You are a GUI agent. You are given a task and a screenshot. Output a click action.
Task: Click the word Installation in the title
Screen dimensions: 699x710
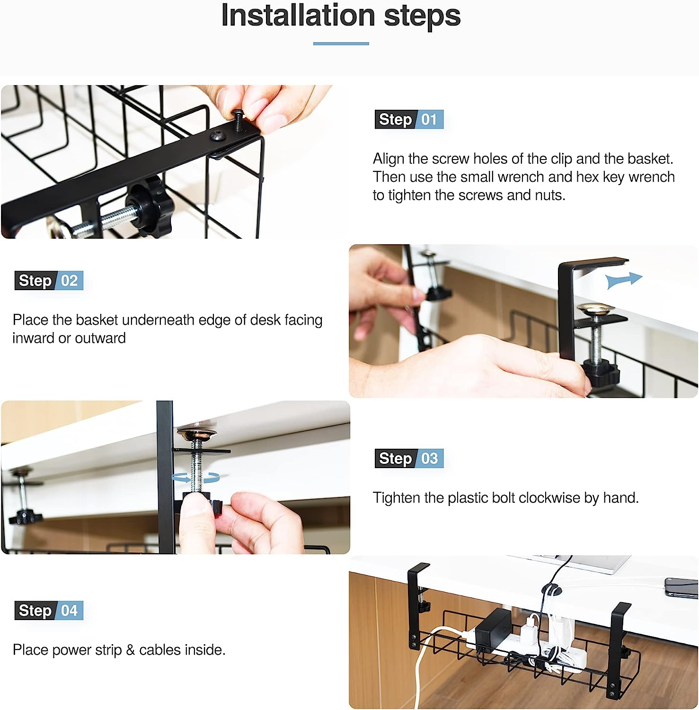click(299, 15)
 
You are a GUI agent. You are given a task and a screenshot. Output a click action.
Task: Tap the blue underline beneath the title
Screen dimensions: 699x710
click(341, 44)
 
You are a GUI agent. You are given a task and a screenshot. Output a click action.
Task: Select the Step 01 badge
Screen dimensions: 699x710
click(409, 119)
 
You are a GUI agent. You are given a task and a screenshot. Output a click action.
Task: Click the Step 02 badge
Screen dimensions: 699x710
click(49, 281)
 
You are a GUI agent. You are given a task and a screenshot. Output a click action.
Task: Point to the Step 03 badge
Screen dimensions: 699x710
click(409, 458)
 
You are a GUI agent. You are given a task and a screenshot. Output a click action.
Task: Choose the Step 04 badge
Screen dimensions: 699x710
click(49, 611)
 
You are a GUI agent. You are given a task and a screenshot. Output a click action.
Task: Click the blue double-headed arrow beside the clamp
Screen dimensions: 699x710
click(624, 280)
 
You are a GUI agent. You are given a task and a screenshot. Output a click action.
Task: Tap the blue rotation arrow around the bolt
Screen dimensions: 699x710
click(195, 478)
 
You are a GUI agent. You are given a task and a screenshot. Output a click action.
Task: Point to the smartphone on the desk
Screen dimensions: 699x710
click(681, 587)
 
